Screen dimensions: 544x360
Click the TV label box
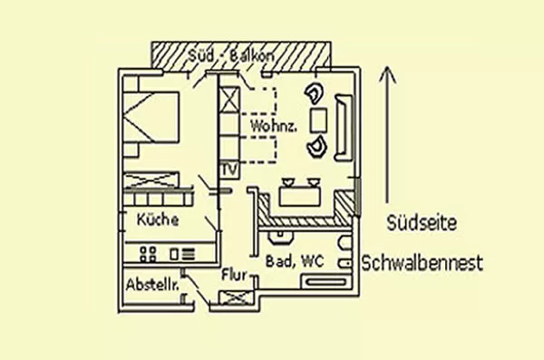(228, 170)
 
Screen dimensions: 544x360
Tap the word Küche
(158, 220)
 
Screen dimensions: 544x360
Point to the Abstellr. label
(151, 283)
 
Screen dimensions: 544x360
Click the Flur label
(233, 274)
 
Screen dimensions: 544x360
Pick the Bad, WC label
(295, 261)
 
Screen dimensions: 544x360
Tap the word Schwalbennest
(422, 264)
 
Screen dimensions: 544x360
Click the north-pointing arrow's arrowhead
(388, 73)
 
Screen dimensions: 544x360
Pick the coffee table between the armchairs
(318, 120)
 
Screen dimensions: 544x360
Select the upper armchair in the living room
(316, 93)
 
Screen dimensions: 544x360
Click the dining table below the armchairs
(299, 194)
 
